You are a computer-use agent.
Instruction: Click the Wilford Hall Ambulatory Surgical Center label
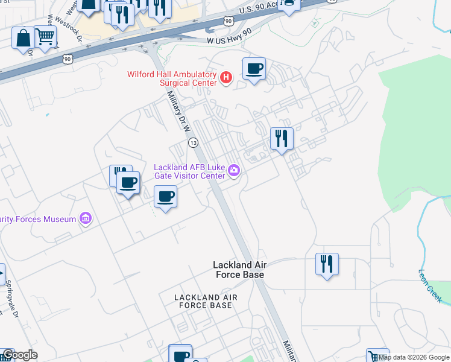(x=171, y=78)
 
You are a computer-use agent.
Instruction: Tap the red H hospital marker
(x=226, y=77)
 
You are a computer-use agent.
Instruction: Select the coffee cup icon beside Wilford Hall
(x=254, y=69)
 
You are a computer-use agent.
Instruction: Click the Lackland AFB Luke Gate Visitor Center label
(x=189, y=171)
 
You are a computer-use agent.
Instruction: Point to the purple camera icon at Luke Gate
(x=234, y=173)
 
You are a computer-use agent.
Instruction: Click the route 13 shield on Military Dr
(x=193, y=143)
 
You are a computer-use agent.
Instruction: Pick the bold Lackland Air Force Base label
(x=239, y=270)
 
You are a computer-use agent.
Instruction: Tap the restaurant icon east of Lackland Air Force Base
(x=326, y=264)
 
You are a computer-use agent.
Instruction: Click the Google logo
(x=20, y=355)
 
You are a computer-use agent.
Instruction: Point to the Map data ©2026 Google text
(x=414, y=358)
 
